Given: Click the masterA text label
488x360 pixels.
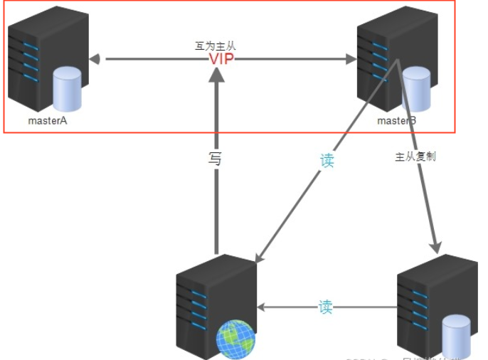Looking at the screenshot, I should coord(47,120).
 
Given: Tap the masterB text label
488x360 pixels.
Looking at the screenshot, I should coord(396,120).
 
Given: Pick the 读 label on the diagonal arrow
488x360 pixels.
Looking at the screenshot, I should coord(327,161).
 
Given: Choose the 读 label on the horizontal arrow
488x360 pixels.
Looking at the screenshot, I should coord(325,308).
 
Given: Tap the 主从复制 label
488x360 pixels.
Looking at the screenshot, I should coord(415,156).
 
